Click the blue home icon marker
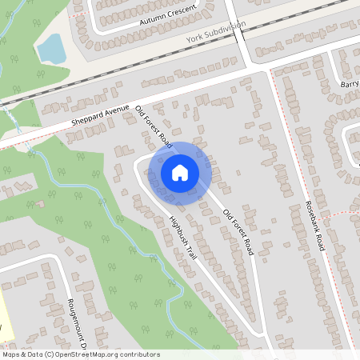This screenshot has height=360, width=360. [180, 172]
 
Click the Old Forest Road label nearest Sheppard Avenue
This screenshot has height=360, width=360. [154, 127]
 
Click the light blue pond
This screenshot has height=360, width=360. [51, 48]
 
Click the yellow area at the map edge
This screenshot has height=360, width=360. [4, 316]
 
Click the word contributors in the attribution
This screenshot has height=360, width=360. [138, 354]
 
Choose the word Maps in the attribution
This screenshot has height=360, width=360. [12, 354]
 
